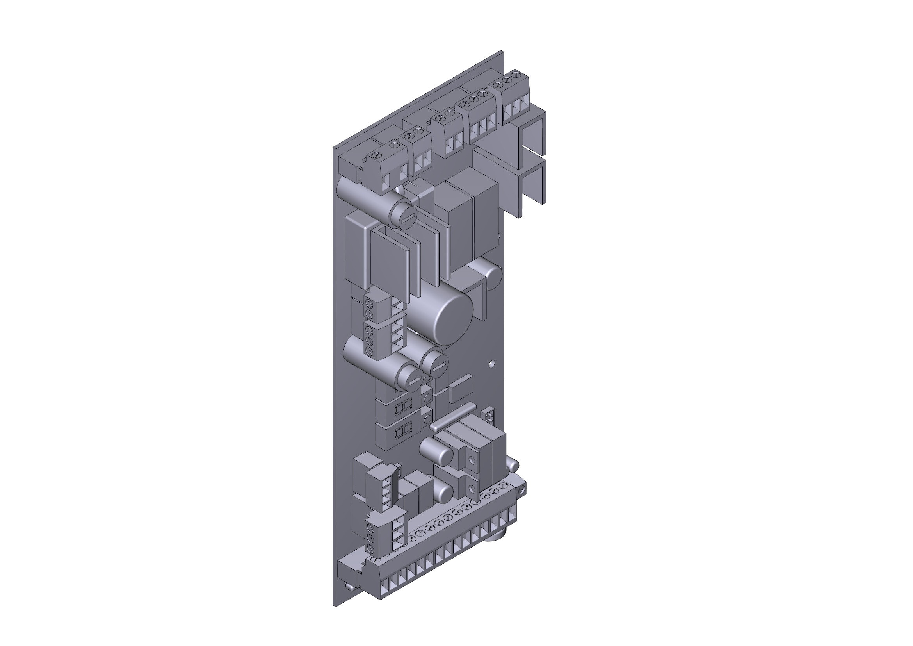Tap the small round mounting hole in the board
coord(492,364)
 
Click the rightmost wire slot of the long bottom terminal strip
coord(512,517)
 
